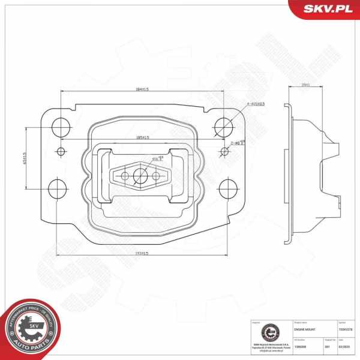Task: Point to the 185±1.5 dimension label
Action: (x=142, y=138)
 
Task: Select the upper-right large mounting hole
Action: (x=223, y=126)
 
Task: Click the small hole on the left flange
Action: (x=59, y=151)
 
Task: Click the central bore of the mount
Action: (x=141, y=176)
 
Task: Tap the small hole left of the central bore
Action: (x=125, y=176)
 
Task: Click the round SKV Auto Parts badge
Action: (x=31, y=329)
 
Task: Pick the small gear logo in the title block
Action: (x=269, y=332)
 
